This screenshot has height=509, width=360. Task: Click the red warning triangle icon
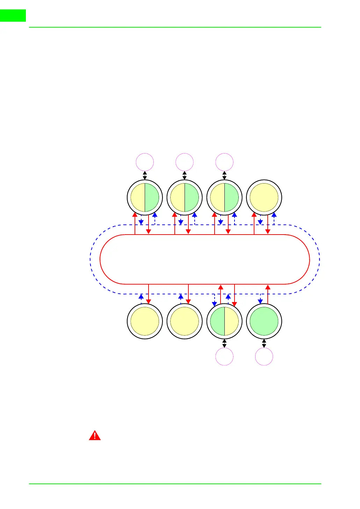[x=94, y=436]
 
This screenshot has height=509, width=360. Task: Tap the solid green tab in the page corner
[x=13, y=15]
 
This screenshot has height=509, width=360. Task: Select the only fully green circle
[x=264, y=321]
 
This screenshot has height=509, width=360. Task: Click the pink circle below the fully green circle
[x=264, y=357]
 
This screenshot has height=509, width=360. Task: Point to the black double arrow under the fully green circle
[x=264, y=343]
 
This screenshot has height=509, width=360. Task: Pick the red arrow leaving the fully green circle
[x=268, y=294]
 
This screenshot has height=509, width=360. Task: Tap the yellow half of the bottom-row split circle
[x=231, y=321]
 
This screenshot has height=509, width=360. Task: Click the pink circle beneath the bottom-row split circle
[x=224, y=357]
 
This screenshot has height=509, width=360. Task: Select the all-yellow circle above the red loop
[x=264, y=198]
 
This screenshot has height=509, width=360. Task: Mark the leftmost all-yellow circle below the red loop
[x=145, y=321]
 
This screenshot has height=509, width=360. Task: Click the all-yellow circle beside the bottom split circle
[x=185, y=321]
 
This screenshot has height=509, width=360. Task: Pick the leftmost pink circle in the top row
[x=145, y=162]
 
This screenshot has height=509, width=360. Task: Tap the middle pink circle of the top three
[x=185, y=162]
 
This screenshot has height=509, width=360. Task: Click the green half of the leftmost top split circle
[x=152, y=198]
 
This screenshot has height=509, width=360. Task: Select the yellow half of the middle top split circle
[x=178, y=198]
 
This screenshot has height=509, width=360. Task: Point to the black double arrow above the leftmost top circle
[x=145, y=175]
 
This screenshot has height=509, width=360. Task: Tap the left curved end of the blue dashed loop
[x=90, y=259]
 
